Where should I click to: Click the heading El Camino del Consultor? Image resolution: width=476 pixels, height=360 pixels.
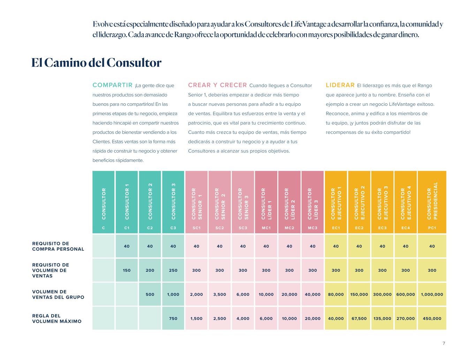pos(96,63)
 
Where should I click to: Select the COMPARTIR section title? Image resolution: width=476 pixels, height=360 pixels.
pos(112,85)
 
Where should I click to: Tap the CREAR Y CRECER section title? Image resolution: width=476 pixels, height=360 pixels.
pos(217,85)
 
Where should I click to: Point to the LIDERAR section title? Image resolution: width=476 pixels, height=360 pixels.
pos(340,85)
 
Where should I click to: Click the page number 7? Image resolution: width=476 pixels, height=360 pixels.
pos(444,343)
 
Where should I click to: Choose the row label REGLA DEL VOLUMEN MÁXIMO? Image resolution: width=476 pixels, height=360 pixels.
pos(57,318)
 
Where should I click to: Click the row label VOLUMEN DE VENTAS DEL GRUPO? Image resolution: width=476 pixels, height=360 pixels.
pos(58,294)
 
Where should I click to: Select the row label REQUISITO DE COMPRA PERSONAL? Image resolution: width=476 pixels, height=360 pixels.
pos(58,246)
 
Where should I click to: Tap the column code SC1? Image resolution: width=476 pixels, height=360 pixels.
pos(197,228)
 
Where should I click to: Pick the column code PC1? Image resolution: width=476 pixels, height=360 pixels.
pos(432,228)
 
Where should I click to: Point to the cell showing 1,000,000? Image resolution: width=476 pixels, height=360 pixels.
pos(432,294)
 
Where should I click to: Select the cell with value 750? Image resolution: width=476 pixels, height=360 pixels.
pos(173,318)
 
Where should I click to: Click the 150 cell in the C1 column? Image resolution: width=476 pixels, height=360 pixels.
pos(127,270)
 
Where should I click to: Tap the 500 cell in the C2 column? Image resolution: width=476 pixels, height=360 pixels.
pos(150,294)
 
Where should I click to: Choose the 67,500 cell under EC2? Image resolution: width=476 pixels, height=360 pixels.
pos(359,318)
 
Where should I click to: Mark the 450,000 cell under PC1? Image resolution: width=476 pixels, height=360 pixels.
pos(432,318)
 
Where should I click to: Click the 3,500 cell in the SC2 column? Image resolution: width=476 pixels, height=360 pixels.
pos(220,294)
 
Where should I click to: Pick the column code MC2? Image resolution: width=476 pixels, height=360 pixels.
pos(289,228)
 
